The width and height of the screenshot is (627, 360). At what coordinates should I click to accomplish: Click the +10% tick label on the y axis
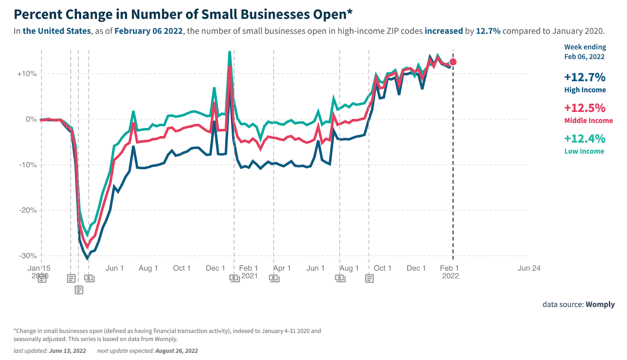click(27, 74)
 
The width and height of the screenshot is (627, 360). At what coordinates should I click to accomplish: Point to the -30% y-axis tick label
click(28, 256)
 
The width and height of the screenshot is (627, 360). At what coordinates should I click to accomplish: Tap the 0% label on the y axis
click(31, 119)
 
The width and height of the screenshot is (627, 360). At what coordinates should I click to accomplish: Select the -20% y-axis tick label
click(28, 210)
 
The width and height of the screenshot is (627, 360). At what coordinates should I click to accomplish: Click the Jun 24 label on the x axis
click(529, 268)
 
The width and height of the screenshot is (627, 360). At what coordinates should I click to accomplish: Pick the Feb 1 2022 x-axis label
click(449, 272)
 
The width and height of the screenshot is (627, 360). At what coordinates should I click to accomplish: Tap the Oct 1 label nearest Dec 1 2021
click(382, 268)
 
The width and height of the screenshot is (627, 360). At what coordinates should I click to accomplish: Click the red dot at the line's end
click(453, 62)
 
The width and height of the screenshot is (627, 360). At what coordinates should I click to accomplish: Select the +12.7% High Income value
click(585, 77)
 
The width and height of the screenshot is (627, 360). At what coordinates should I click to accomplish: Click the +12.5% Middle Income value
click(585, 108)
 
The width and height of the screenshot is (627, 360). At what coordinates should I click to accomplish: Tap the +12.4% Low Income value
click(585, 138)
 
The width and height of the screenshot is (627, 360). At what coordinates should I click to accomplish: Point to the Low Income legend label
click(584, 151)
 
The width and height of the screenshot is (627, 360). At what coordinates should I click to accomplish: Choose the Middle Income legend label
click(588, 121)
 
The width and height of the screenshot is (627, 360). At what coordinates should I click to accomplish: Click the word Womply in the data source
click(600, 304)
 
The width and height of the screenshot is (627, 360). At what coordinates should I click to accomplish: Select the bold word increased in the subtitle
click(444, 31)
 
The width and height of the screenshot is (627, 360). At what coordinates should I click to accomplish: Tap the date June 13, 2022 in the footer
click(67, 351)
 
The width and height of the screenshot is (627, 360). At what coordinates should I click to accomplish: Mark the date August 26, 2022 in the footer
click(176, 351)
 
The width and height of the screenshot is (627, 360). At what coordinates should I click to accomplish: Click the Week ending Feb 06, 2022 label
click(585, 52)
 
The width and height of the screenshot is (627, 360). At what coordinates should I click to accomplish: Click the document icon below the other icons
click(79, 290)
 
